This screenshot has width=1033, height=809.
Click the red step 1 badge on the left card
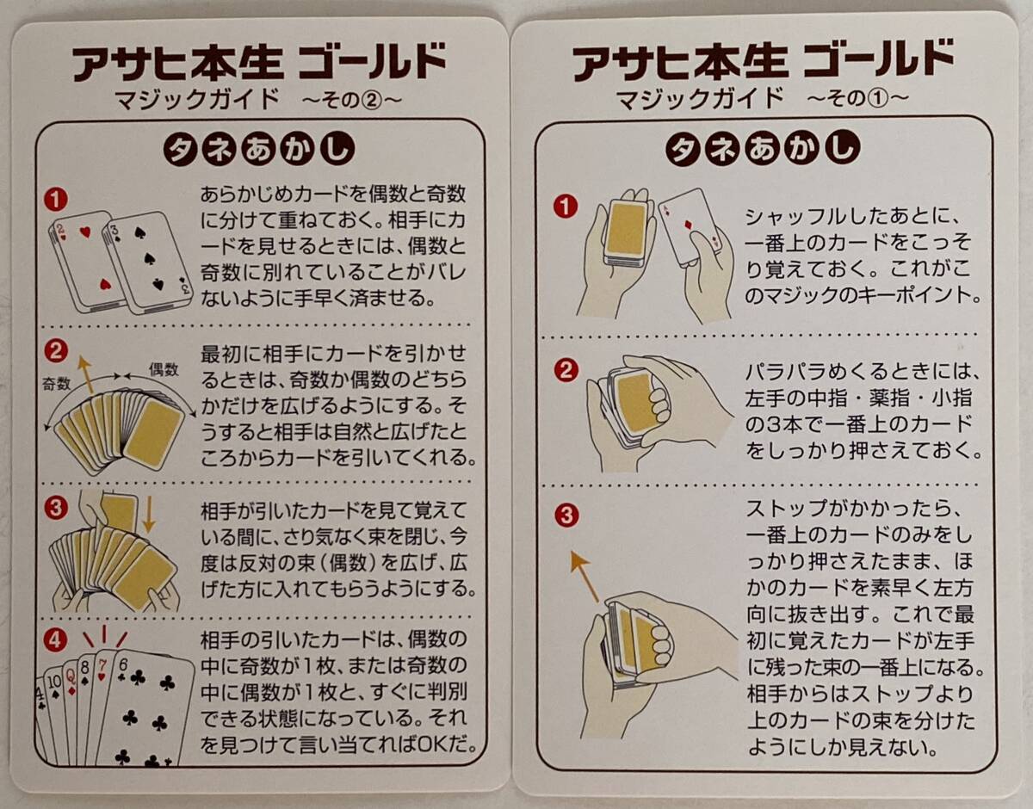(56, 200)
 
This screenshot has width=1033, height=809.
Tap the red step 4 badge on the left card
(55, 641)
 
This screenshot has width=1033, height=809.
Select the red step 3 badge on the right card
(566, 516)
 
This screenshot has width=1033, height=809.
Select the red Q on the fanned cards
(71, 676)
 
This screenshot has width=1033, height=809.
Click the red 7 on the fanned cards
(102, 664)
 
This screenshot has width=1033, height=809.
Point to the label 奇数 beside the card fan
(57, 384)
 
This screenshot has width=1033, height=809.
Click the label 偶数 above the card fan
(164, 369)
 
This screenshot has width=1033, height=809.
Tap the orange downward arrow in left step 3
(149, 514)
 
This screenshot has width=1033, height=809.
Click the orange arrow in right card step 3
(585, 577)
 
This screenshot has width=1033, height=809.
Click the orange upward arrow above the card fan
(86, 374)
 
